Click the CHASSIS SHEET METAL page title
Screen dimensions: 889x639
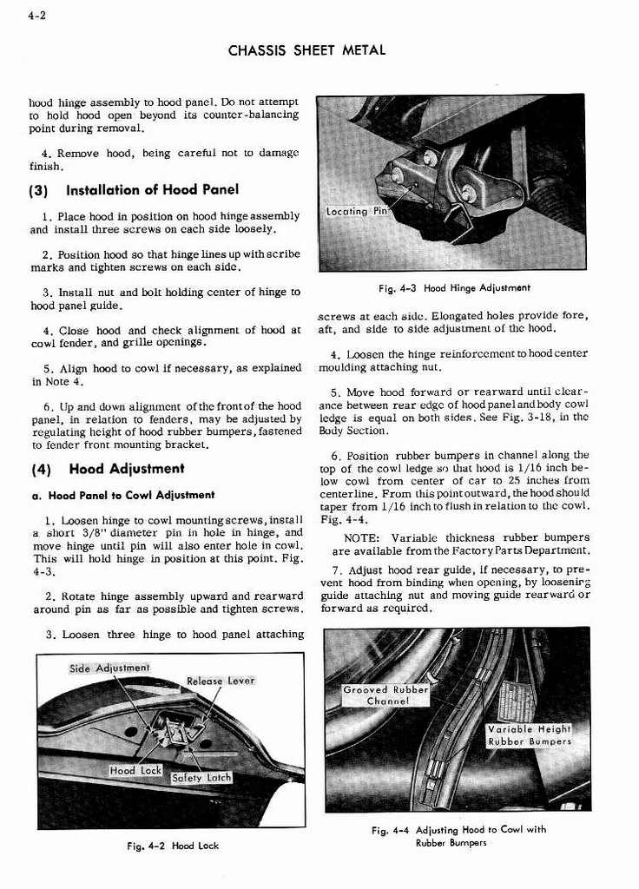306,50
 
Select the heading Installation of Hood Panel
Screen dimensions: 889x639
152,190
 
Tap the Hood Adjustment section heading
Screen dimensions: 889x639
127,469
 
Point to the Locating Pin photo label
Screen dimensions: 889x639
355,212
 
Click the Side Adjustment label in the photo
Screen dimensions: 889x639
109,668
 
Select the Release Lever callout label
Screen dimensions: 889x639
221,681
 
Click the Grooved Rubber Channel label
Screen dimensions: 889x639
386,695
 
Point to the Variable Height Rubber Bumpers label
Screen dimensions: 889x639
529,735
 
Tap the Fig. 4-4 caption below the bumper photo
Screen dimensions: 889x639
458,836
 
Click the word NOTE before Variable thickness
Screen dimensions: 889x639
363,538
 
